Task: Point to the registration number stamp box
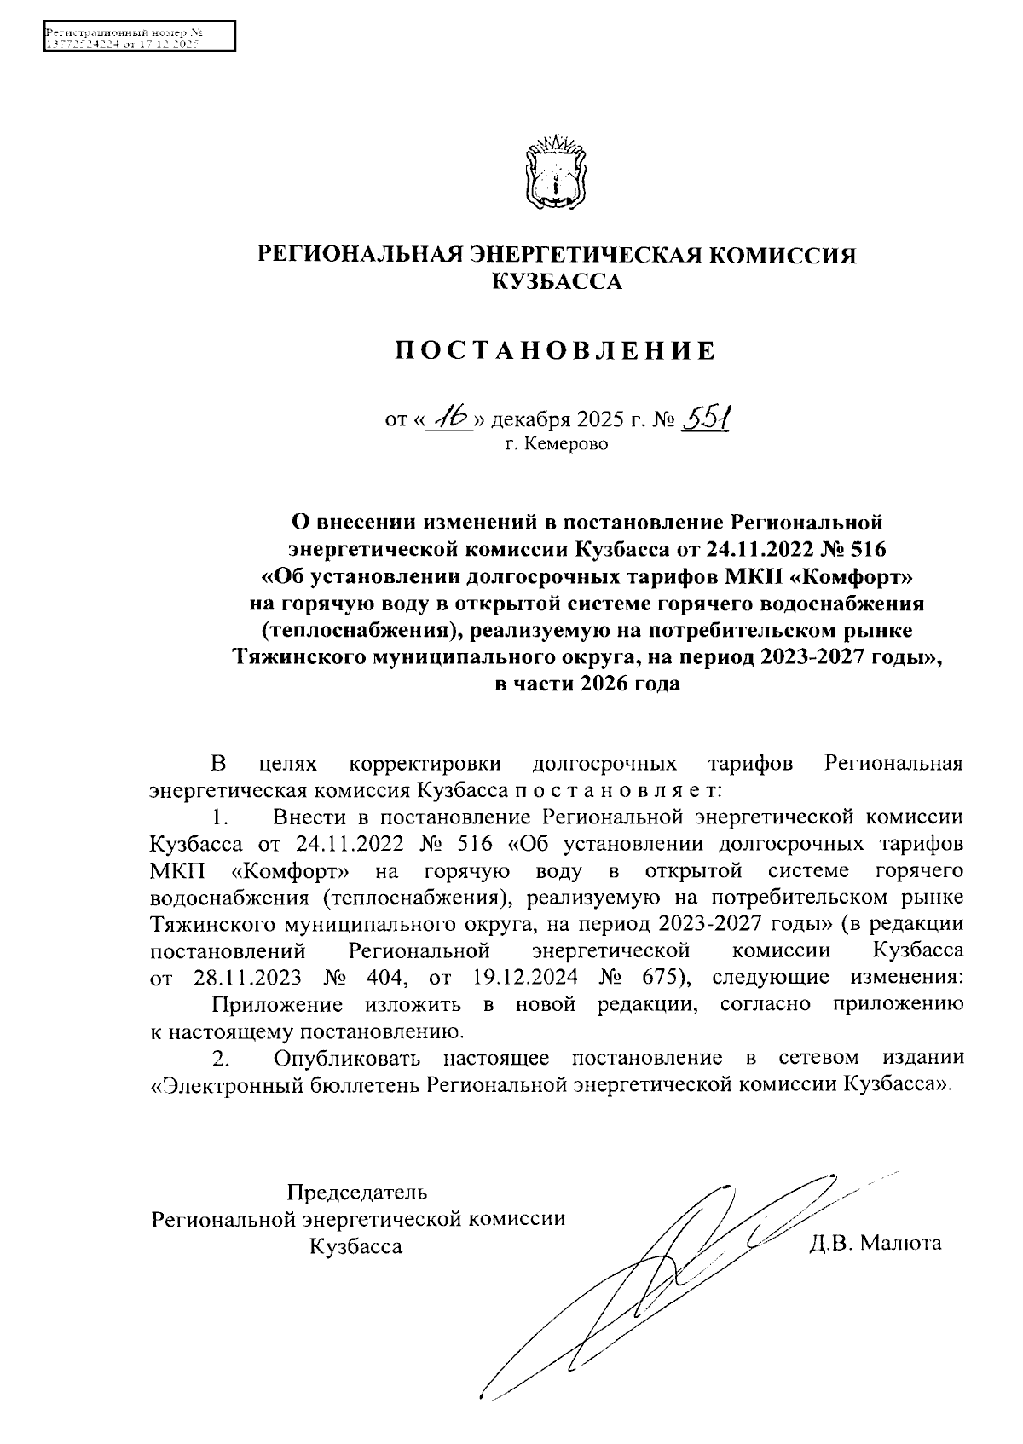click(x=138, y=38)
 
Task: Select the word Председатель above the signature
click(x=357, y=1191)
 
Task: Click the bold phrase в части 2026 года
click(x=587, y=684)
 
